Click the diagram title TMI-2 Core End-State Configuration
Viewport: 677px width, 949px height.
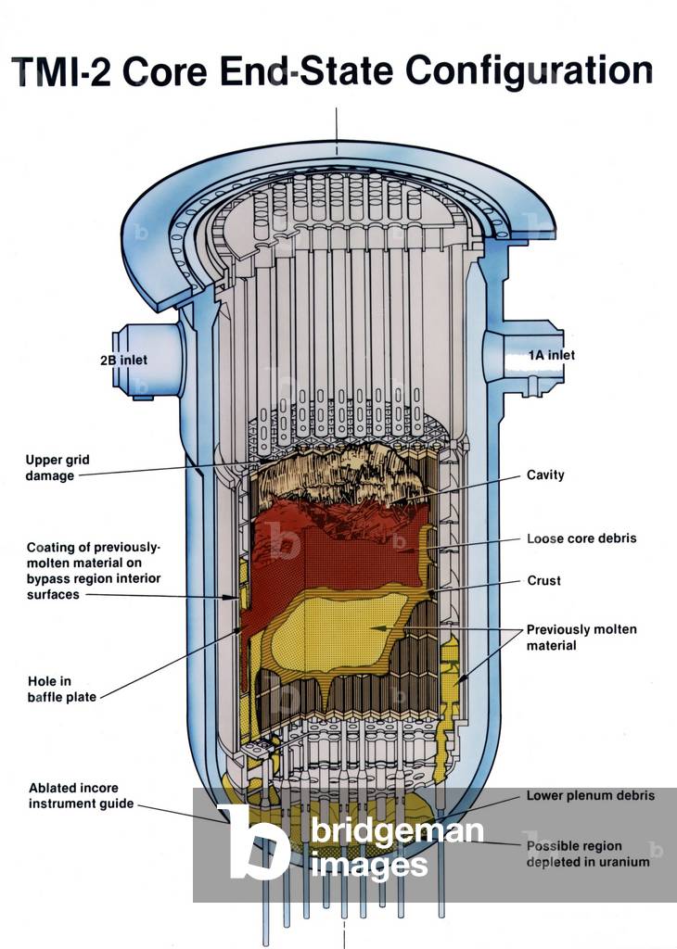tap(332, 71)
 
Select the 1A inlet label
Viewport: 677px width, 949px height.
tap(551, 355)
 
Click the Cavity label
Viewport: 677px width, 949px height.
tap(545, 474)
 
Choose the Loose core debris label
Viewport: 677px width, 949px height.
tap(581, 538)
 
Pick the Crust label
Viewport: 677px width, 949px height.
tap(543, 581)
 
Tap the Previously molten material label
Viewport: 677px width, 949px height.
tap(581, 637)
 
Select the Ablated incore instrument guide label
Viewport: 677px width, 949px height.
tap(81, 795)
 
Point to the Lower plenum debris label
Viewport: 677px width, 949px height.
tap(590, 795)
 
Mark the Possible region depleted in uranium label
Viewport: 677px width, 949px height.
tap(587, 854)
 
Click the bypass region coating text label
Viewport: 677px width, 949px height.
tap(93, 570)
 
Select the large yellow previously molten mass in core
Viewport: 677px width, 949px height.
tap(334, 630)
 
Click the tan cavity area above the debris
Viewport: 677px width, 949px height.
tap(334, 473)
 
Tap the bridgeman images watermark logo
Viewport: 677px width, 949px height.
tap(352, 846)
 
